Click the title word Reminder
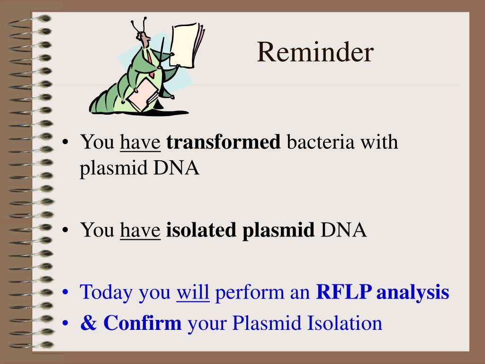point(315,52)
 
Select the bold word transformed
point(224,142)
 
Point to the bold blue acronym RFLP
point(344,291)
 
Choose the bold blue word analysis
point(413,292)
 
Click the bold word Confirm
point(142,322)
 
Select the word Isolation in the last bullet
point(345,323)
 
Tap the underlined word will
point(193,291)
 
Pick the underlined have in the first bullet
point(140,142)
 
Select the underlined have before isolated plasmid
point(140,230)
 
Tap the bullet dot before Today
point(65,292)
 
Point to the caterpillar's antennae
point(138,25)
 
